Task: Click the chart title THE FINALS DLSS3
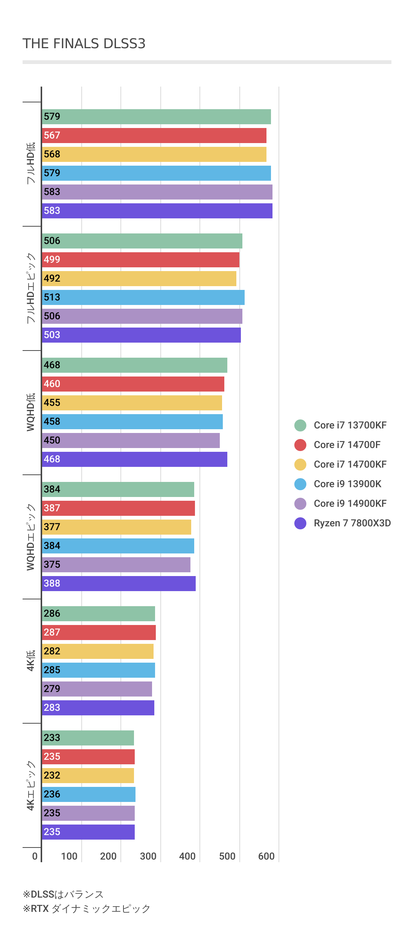(x=84, y=44)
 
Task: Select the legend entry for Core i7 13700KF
(x=350, y=425)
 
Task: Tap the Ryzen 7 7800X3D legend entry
(x=352, y=523)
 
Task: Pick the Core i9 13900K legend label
(x=347, y=484)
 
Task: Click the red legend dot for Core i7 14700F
(x=300, y=445)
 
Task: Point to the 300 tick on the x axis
(x=148, y=856)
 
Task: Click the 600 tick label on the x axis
(x=266, y=856)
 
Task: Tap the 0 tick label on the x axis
(x=35, y=856)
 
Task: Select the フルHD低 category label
(x=31, y=163)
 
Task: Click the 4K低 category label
(x=31, y=660)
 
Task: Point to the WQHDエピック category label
(x=31, y=537)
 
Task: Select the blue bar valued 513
(x=143, y=297)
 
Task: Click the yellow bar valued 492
(x=139, y=279)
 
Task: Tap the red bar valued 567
(x=154, y=136)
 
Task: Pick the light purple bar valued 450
(x=131, y=441)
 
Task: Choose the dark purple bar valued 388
(x=119, y=584)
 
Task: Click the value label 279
(x=52, y=689)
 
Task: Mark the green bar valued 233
(x=88, y=738)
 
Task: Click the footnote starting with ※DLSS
(x=63, y=894)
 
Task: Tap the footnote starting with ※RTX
(x=87, y=909)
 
